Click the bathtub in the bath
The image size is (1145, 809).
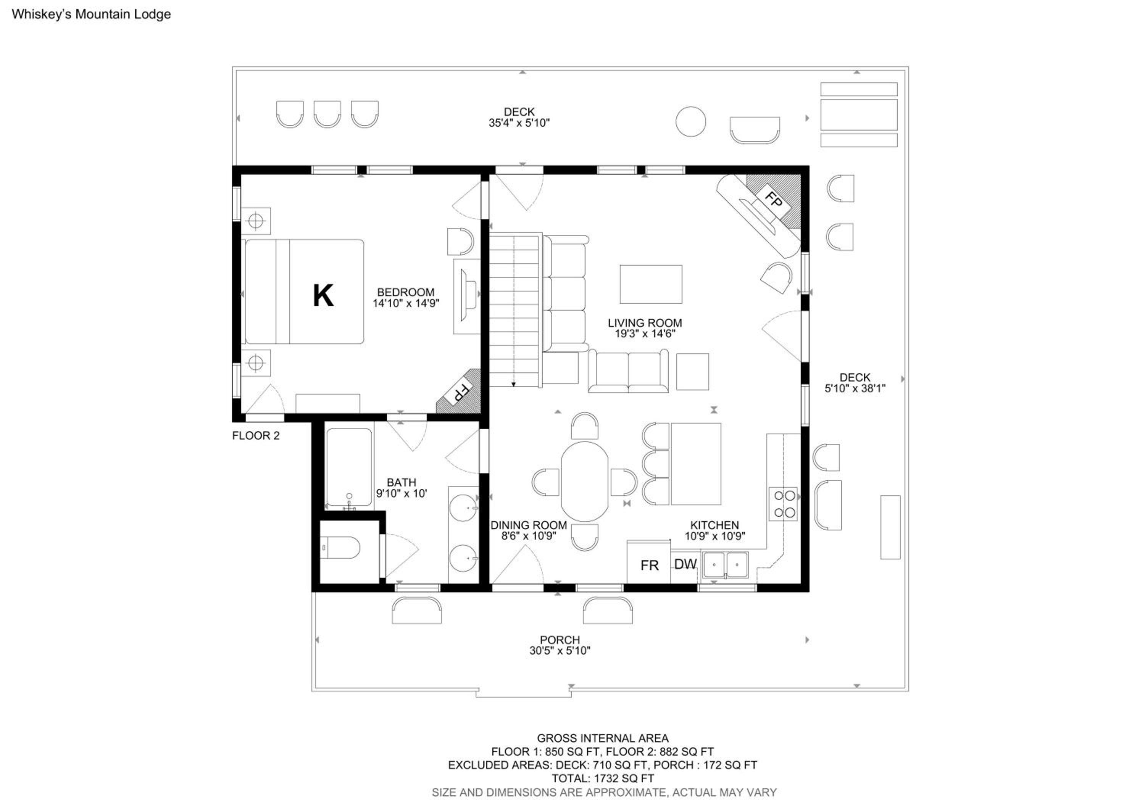click(349, 467)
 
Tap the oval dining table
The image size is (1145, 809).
click(584, 481)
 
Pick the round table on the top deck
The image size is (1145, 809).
click(691, 121)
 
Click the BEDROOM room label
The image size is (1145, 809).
click(405, 292)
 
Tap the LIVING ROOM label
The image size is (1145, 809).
click(645, 322)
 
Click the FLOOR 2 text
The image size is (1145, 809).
click(256, 436)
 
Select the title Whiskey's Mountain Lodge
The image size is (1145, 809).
click(91, 14)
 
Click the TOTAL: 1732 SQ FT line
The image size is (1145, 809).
click(602, 778)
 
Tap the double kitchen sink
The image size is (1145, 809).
click(726, 565)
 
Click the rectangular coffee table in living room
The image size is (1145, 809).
click(651, 284)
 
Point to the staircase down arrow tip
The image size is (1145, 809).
click(513, 386)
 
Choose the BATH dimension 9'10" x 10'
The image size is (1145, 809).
click(402, 493)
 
